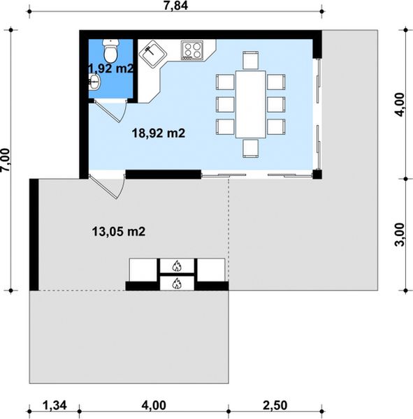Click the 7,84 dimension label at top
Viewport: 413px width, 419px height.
click(175, 6)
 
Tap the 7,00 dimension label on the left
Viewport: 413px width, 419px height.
click(6, 160)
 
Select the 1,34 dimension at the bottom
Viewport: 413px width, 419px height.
click(55, 406)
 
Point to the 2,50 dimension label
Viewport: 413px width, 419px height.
click(275, 406)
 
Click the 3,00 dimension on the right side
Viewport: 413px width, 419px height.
click(400, 235)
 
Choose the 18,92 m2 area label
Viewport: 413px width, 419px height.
click(159, 133)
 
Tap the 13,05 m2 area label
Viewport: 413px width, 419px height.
click(119, 231)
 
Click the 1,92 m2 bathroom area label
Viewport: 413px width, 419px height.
click(110, 68)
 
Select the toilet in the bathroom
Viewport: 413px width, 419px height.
click(110, 50)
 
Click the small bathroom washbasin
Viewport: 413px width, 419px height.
click(94, 81)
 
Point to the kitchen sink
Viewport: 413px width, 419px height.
click(153, 54)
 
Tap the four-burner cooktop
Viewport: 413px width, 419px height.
click(192, 50)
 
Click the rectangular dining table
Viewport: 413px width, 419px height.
click(251, 104)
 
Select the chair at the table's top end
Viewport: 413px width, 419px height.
click(251, 60)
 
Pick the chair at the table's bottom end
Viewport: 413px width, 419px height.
click(251, 148)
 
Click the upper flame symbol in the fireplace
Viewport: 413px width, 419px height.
click(177, 266)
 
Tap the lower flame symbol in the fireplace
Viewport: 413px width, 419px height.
click(177, 284)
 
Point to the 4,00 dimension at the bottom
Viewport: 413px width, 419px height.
click(154, 406)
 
